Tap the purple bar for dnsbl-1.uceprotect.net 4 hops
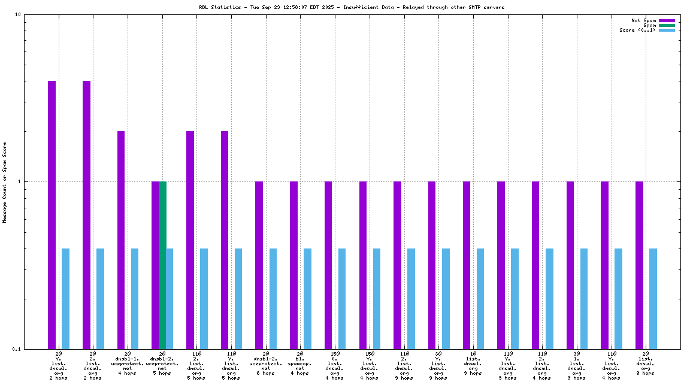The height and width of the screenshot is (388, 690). (x=121, y=240)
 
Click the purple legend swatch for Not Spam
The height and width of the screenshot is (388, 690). (x=667, y=20)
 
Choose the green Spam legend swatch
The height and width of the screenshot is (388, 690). (x=667, y=25)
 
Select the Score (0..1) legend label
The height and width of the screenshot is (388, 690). (x=638, y=30)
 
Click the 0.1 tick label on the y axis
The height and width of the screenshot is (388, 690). (x=16, y=349)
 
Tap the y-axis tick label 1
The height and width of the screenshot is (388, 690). (x=19, y=181)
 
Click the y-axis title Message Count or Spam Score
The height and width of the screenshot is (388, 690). (x=5, y=182)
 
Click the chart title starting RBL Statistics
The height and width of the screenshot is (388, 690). (x=352, y=7)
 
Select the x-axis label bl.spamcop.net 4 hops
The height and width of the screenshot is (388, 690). (x=300, y=363)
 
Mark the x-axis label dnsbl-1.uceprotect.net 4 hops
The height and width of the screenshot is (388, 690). (x=128, y=363)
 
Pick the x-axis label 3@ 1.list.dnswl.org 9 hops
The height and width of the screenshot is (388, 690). (x=577, y=366)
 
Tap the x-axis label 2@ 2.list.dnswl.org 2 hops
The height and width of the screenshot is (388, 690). (x=93, y=366)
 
